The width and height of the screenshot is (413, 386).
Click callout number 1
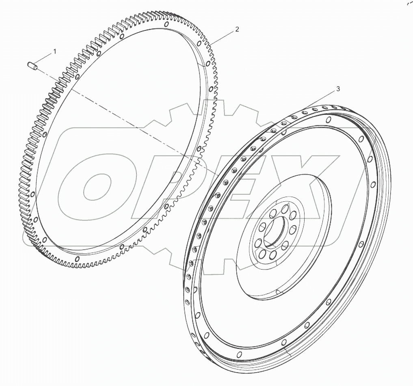pyautogui.click(x=55, y=52)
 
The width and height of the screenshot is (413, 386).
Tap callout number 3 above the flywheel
pyautogui.click(x=337, y=89)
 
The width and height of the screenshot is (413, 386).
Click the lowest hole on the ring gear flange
pyautogui.click(x=77, y=258)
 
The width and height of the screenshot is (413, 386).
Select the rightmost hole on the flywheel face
pyautogui.click(x=373, y=185)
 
